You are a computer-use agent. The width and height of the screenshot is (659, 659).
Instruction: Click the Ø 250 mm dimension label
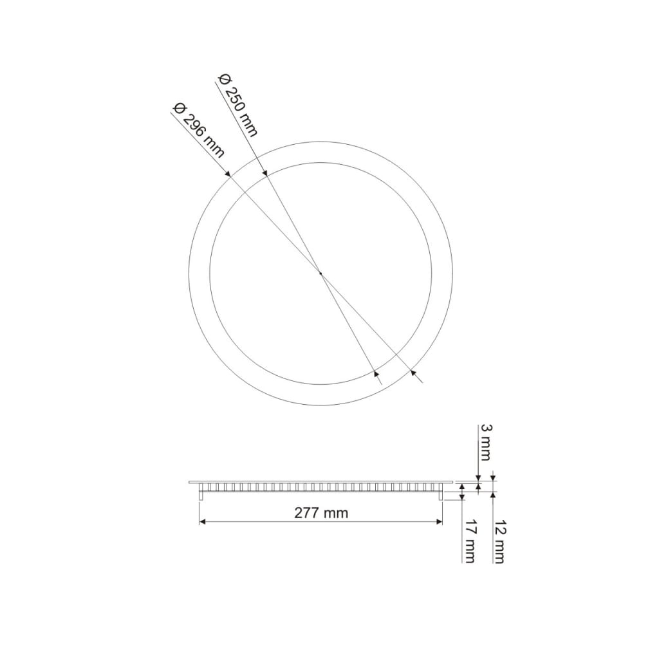238,106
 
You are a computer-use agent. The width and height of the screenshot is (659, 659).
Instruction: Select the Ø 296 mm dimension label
199,130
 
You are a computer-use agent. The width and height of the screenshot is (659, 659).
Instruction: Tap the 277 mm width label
321,513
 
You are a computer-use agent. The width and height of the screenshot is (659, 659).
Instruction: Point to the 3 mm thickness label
485,443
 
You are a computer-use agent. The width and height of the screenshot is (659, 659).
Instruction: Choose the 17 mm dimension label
469,543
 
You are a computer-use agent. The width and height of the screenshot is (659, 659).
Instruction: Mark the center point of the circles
320,274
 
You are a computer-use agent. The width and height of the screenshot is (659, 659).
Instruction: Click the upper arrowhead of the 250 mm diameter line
265,172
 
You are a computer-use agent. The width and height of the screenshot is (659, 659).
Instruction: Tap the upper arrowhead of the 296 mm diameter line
228,173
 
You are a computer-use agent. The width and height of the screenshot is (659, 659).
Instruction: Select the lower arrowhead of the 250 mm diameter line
376,373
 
